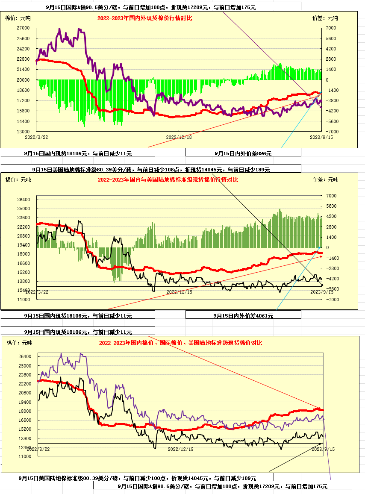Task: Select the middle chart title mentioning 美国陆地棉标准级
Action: click(168, 180)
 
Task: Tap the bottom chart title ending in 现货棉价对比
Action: click(180, 343)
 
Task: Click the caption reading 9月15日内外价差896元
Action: click(243, 153)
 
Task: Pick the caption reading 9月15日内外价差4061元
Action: click(243, 316)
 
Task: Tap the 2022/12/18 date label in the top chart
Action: click(179, 137)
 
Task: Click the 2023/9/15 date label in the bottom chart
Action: click(323, 449)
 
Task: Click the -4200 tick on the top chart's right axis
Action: click(332, 111)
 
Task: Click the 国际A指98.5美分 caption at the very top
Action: click(151, 7)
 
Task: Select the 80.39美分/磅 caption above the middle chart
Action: click(151, 170)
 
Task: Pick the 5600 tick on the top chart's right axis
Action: click(332, 38)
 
